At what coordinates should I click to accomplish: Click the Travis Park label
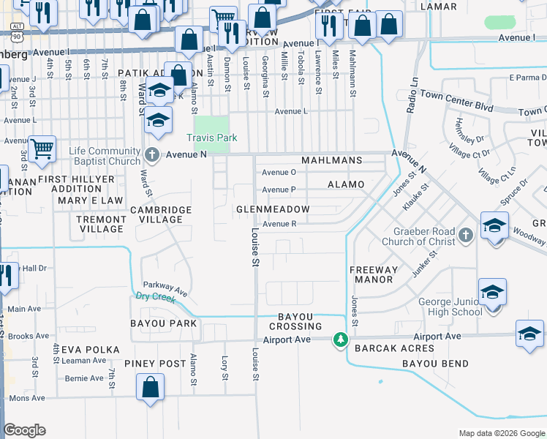(x=212, y=138)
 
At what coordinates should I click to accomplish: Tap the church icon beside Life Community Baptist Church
(x=151, y=154)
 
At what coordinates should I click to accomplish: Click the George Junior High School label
(x=450, y=307)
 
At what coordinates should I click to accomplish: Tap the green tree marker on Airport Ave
(x=340, y=339)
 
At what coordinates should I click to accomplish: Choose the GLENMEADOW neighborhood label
(x=273, y=209)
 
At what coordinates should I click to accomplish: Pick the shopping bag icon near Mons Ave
(x=150, y=388)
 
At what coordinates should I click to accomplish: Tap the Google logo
(x=24, y=430)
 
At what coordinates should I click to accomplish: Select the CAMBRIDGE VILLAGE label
(x=161, y=214)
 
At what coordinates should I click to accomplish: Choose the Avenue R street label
(x=279, y=224)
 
